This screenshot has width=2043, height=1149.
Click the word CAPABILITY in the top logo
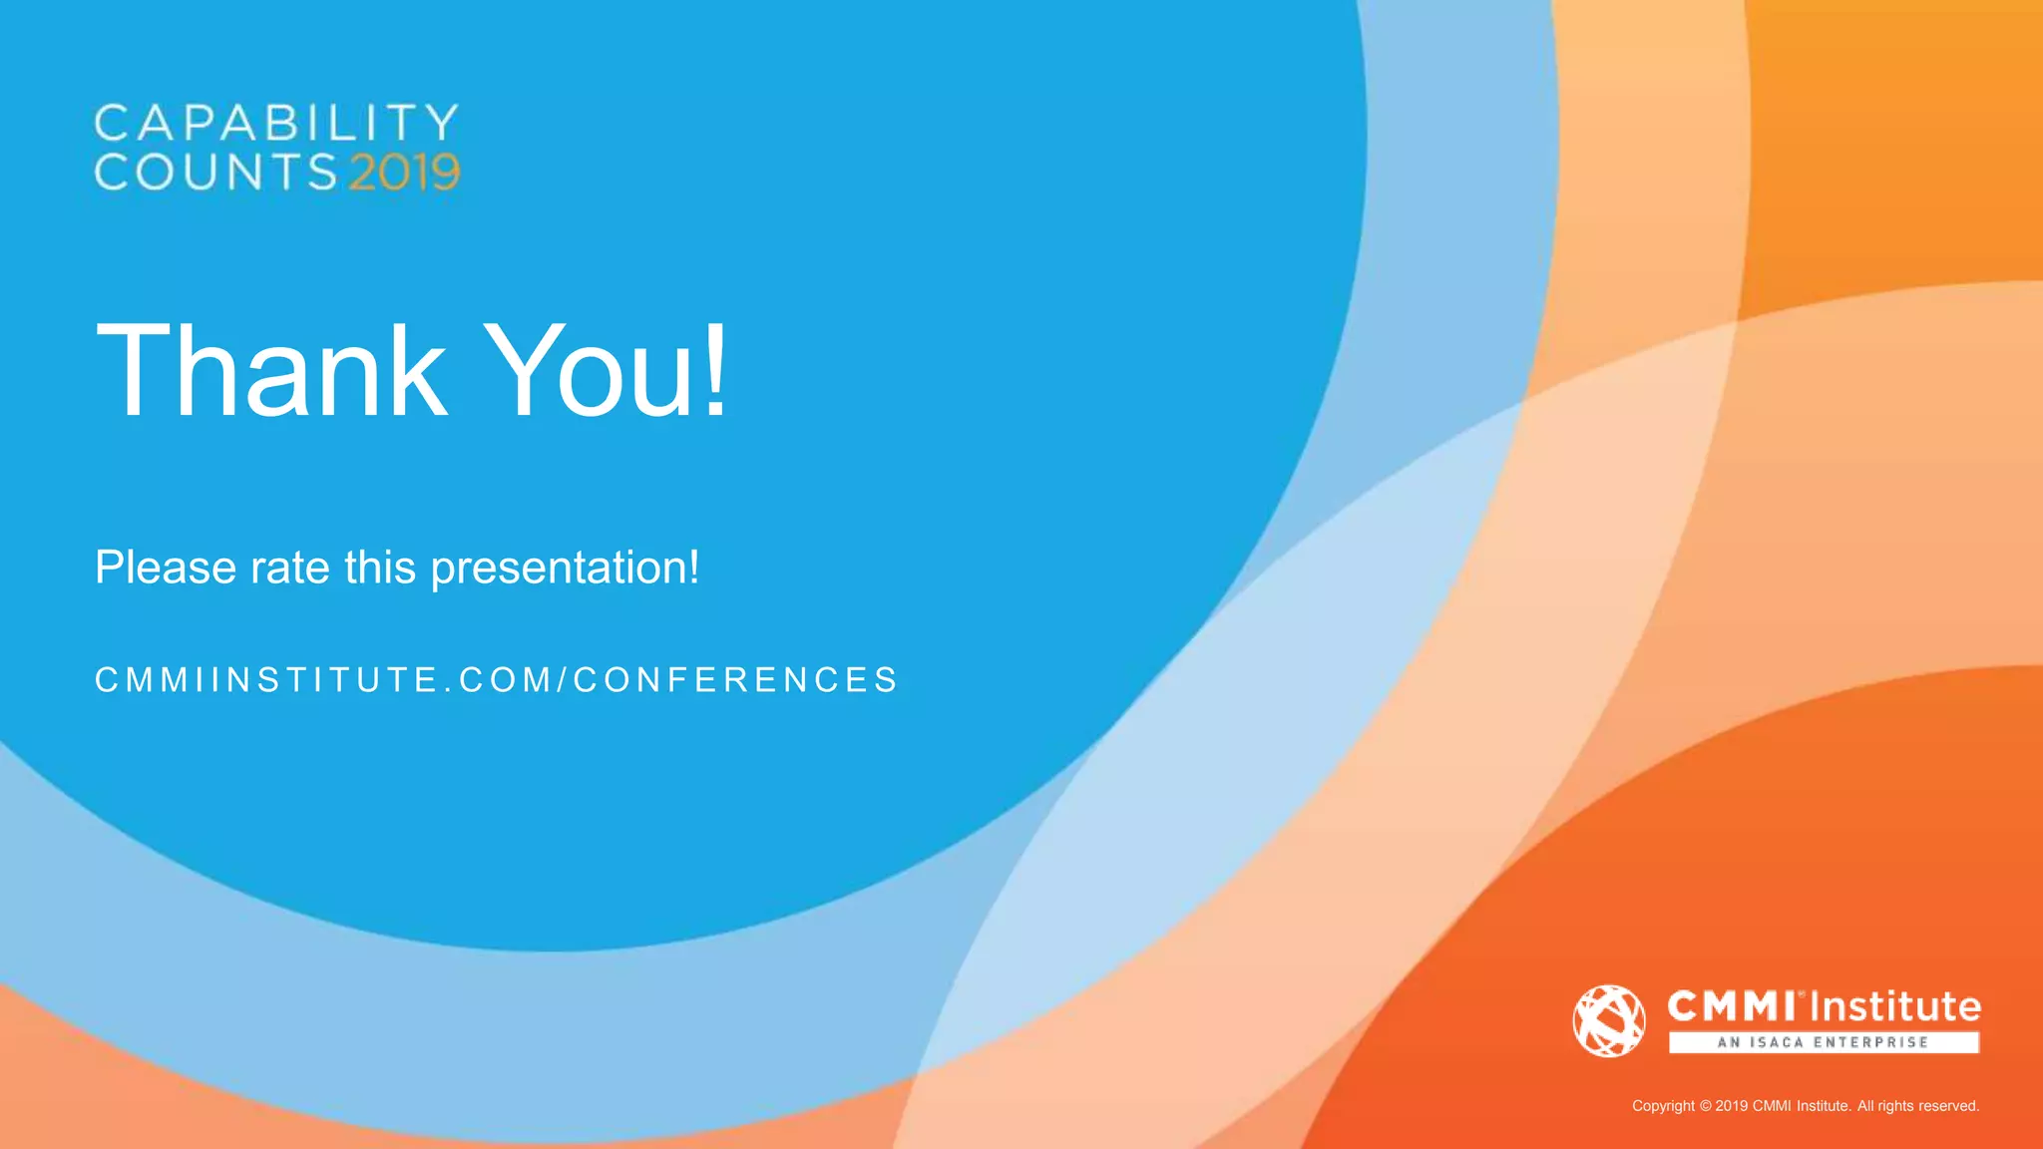pos(276,124)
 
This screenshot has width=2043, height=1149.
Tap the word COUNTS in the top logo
pos(216,172)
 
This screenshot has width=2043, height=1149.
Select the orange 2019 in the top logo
pos(404,173)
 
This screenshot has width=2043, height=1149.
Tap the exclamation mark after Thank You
pos(716,370)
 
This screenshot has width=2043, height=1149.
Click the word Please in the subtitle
pos(166,568)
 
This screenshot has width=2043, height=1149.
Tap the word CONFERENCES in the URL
pos(736,680)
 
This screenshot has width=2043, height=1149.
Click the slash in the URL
pos(563,680)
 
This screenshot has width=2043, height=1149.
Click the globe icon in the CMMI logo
pos(1609,1020)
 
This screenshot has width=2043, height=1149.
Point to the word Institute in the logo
pos(1894,1006)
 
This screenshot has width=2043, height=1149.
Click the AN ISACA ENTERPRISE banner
pos(1824,1042)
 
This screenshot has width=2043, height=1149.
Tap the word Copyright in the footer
pos(1663,1106)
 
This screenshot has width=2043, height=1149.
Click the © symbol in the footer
pos(1705,1106)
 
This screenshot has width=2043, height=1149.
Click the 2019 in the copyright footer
pos(1731,1106)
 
